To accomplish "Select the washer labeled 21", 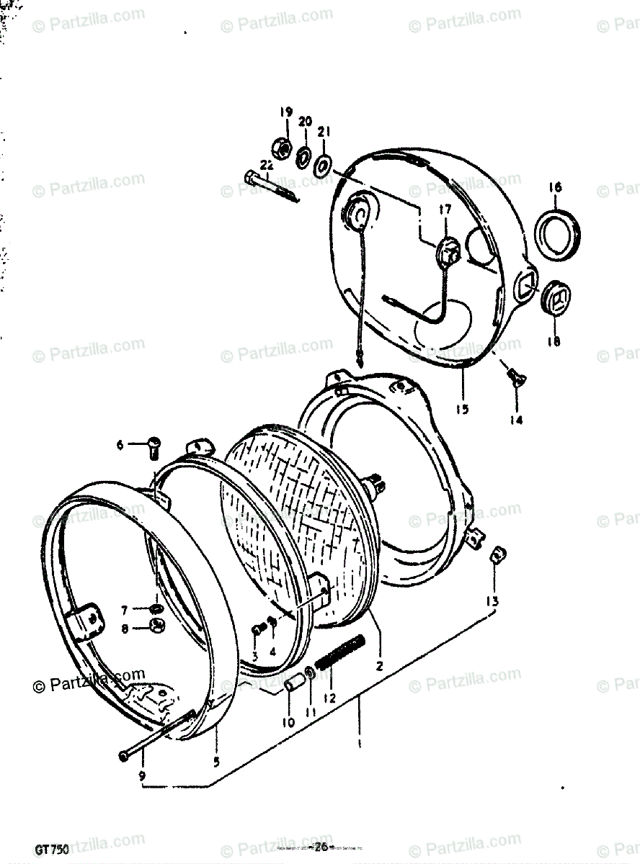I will pyautogui.click(x=322, y=162).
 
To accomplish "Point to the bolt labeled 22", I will pyautogui.click(x=270, y=185).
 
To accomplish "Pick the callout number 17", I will pyautogui.click(x=444, y=209).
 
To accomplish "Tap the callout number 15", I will pyautogui.click(x=461, y=409).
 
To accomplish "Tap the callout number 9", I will pyautogui.click(x=142, y=776).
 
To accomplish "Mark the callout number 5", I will pyautogui.click(x=217, y=761).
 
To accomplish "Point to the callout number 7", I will pyautogui.click(x=125, y=610).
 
